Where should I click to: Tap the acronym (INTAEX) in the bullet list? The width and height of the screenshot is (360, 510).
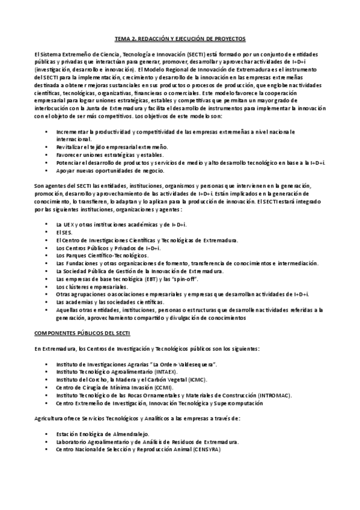click(x=151, y=372)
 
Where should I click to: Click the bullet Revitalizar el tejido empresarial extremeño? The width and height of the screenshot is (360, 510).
click(x=112, y=147)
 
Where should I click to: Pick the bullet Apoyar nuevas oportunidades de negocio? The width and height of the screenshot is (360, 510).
click(x=110, y=170)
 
